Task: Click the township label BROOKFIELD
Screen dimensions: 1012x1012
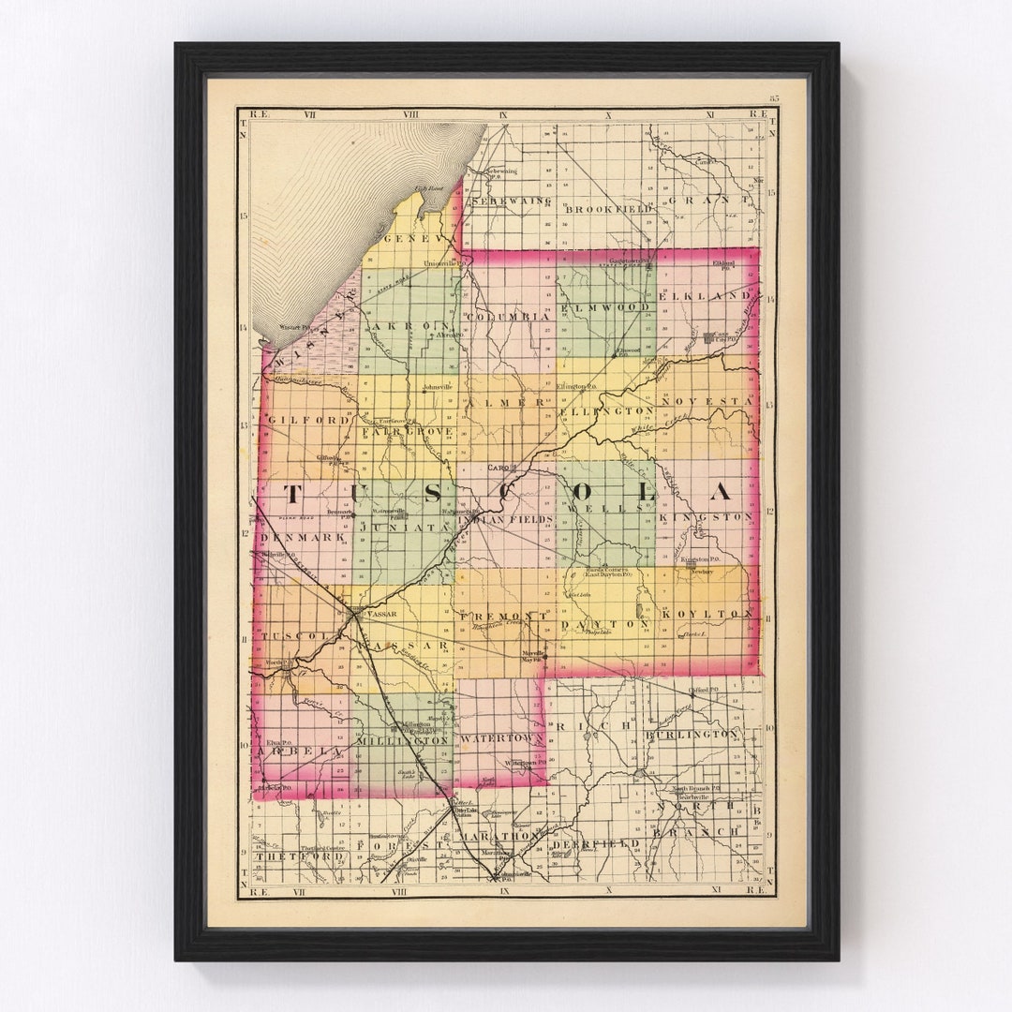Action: (606, 209)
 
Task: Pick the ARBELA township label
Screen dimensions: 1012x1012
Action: (291, 752)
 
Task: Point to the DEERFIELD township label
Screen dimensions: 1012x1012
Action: (596, 843)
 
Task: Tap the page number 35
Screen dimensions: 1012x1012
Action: (774, 97)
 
